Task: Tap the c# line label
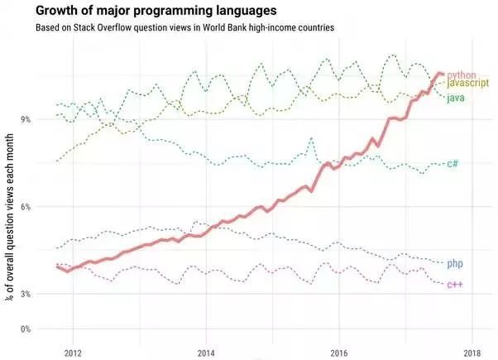click(x=453, y=164)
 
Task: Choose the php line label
click(x=454, y=264)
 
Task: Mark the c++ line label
click(x=455, y=285)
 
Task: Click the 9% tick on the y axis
click(x=25, y=119)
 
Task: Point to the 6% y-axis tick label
click(x=25, y=207)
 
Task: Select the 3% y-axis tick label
click(x=25, y=294)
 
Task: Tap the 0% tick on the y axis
click(x=25, y=329)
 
